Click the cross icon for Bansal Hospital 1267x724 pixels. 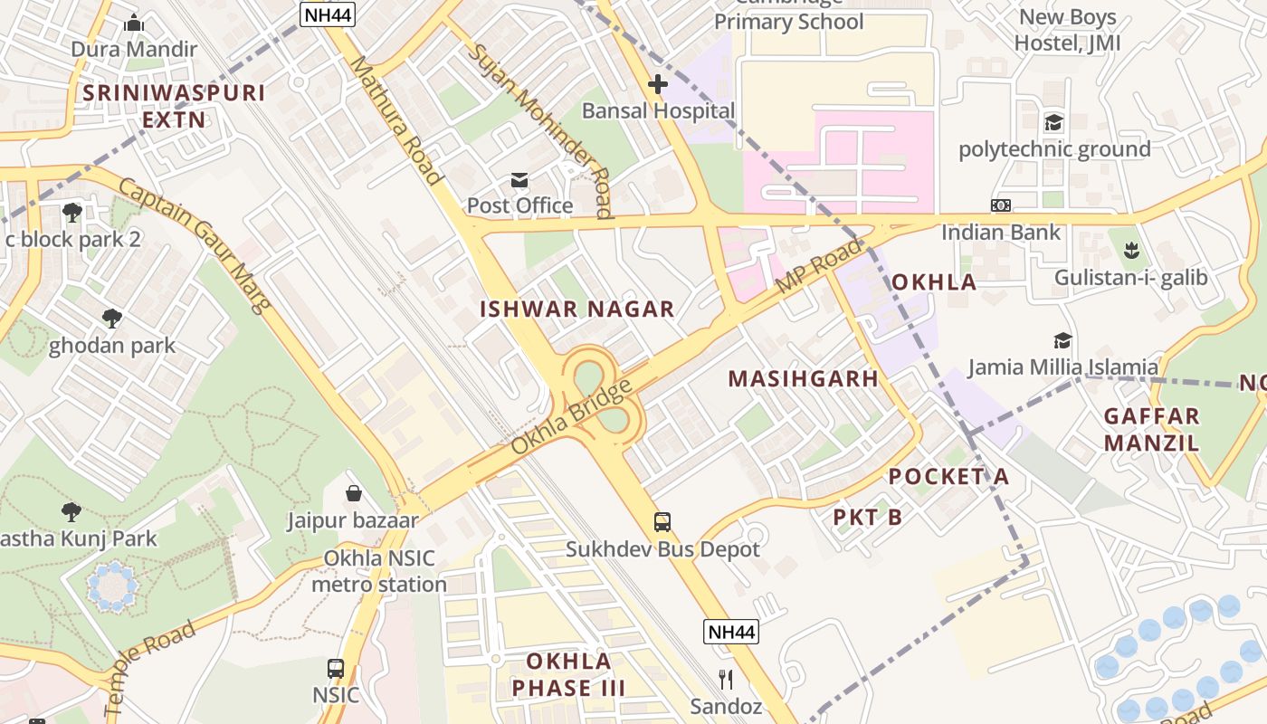click(658, 84)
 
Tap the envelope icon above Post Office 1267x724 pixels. click(519, 180)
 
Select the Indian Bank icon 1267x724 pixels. click(1000, 205)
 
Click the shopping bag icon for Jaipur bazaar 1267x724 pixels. click(354, 493)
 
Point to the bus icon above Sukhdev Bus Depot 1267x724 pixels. click(662, 522)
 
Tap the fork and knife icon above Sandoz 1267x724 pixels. click(725, 679)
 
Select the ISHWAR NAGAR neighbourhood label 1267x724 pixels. click(577, 309)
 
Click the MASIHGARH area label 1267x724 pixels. click(804, 378)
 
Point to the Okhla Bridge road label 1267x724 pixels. click(571, 418)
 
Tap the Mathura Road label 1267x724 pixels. click(395, 119)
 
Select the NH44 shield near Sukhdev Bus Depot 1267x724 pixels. click(730, 632)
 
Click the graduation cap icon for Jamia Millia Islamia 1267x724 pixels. click(1062, 340)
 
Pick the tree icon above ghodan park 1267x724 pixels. click(112, 319)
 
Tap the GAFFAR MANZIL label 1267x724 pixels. click(1152, 429)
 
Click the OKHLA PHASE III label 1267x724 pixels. click(568, 673)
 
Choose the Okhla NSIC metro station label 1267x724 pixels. click(379, 571)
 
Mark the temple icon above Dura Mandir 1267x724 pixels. click(134, 23)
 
